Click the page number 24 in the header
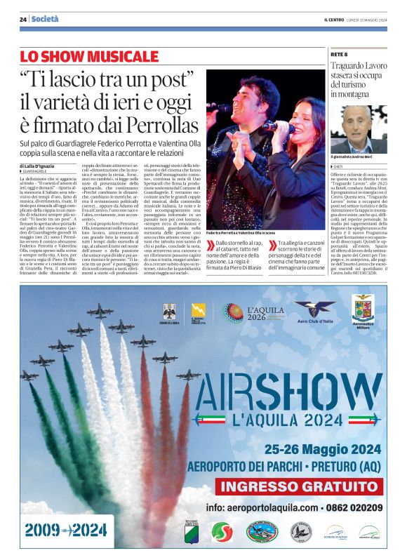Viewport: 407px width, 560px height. [23, 19]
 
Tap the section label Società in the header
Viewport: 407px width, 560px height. [44, 19]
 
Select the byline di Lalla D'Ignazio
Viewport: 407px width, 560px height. [46, 166]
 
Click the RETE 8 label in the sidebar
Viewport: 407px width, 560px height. [339, 54]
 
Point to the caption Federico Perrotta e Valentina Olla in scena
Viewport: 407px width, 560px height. [241, 232]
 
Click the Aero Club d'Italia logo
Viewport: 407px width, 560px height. [314, 312]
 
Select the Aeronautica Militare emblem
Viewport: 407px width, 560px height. [363, 311]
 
